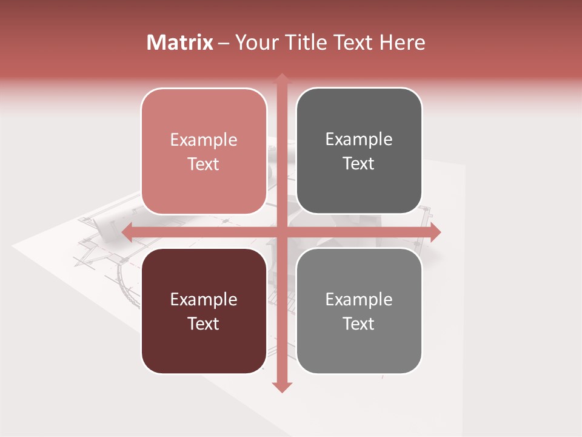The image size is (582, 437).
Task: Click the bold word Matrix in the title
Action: (180, 42)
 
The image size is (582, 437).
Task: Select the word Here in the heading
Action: (402, 42)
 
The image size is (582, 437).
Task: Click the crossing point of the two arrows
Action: (282, 232)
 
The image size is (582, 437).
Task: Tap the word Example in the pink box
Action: (204, 140)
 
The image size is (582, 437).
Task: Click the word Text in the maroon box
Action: (204, 324)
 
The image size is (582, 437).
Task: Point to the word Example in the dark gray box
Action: (359, 140)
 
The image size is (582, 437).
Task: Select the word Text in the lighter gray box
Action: (359, 324)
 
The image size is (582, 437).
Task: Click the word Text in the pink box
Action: (204, 164)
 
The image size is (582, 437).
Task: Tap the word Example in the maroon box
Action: (204, 300)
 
